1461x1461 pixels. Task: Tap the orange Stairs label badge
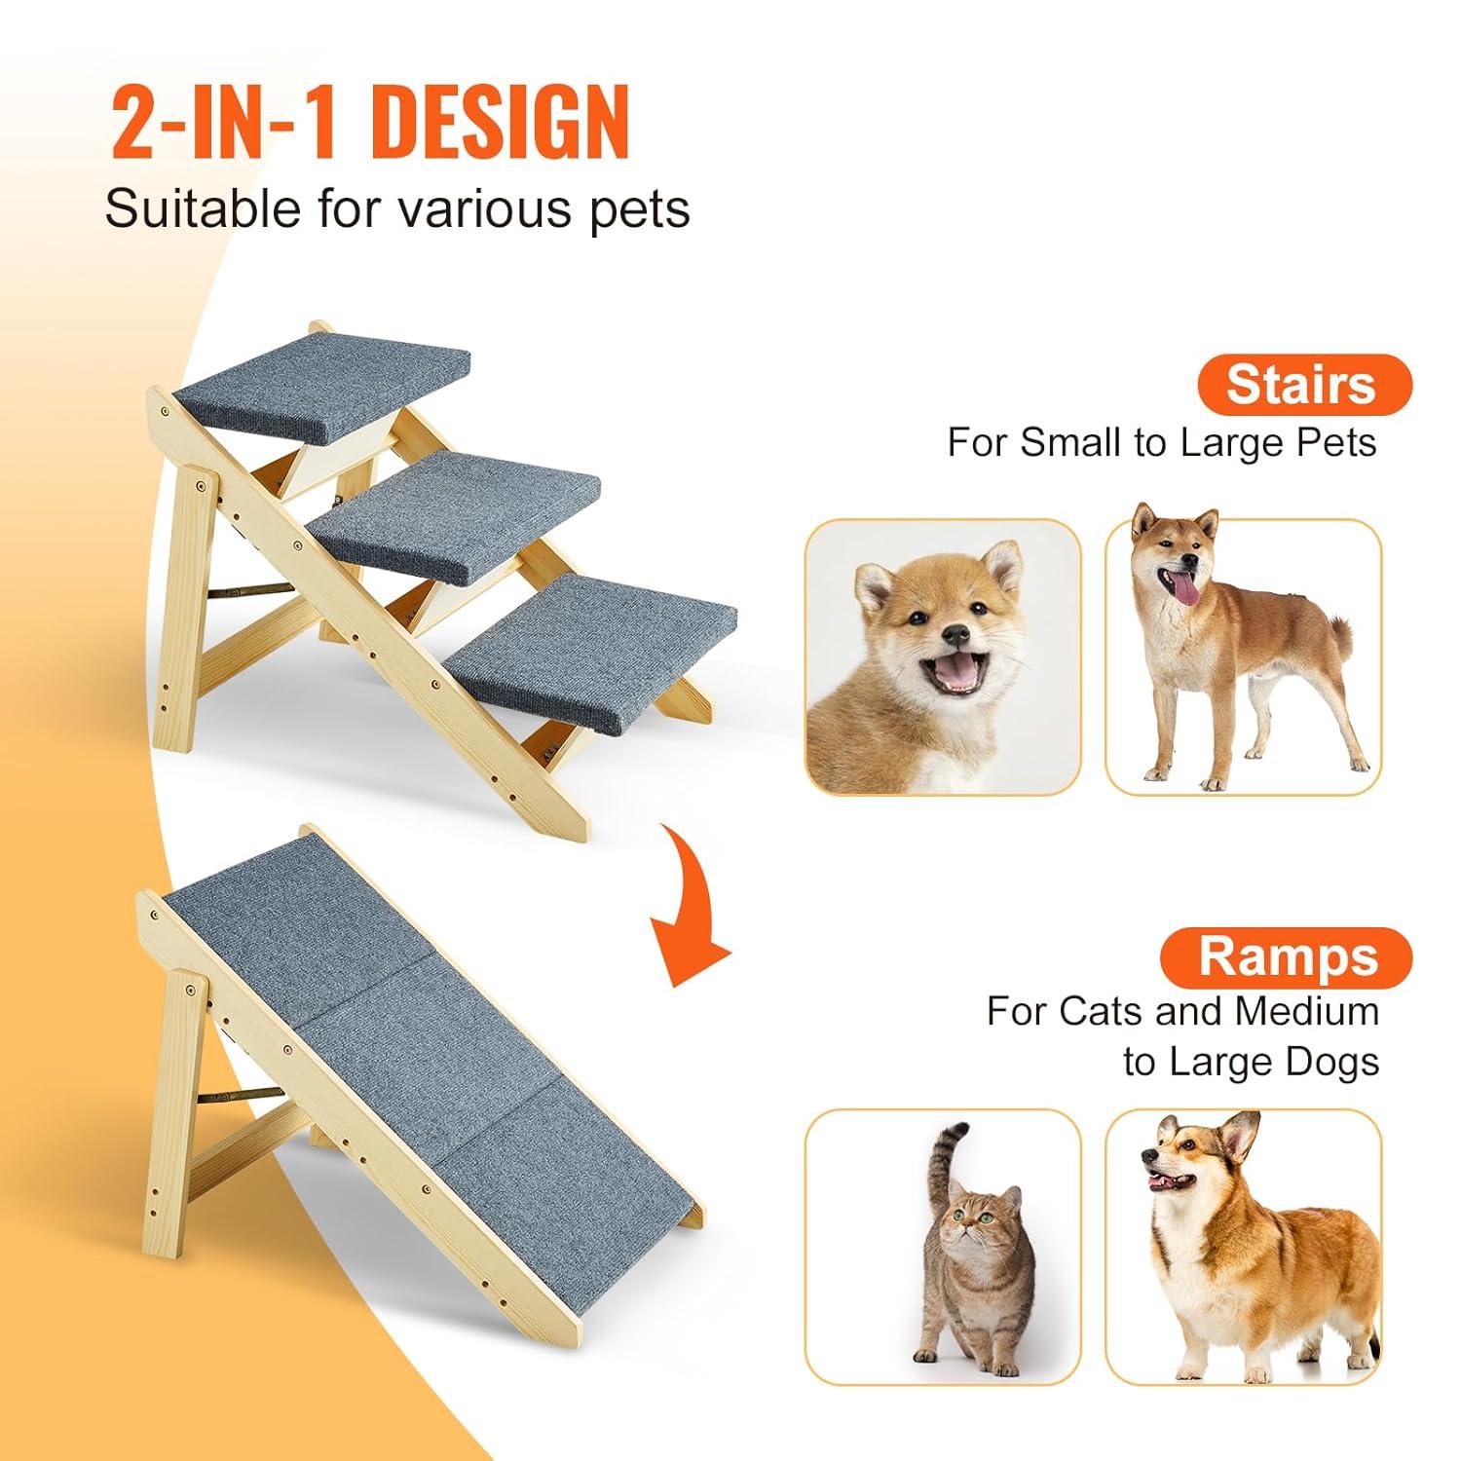[1302, 385]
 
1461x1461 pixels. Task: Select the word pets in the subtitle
[639, 208]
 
